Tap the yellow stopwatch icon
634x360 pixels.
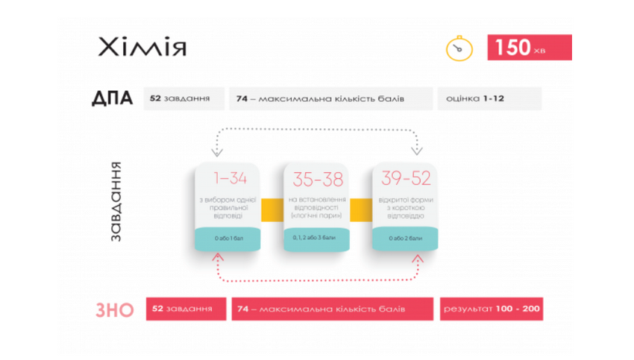click(459, 49)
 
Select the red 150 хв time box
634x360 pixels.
click(529, 48)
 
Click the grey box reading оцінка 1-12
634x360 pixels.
click(489, 98)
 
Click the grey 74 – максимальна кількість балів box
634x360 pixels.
click(332, 98)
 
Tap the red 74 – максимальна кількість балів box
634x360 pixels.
click(332, 309)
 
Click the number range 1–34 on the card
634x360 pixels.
click(227, 179)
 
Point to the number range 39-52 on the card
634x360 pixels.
click(405, 179)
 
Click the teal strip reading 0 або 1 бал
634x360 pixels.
click(227, 239)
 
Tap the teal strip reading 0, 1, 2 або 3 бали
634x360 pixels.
click(316, 239)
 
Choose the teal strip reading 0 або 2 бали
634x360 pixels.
click(405, 239)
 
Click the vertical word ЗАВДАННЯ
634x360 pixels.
click(117, 202)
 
